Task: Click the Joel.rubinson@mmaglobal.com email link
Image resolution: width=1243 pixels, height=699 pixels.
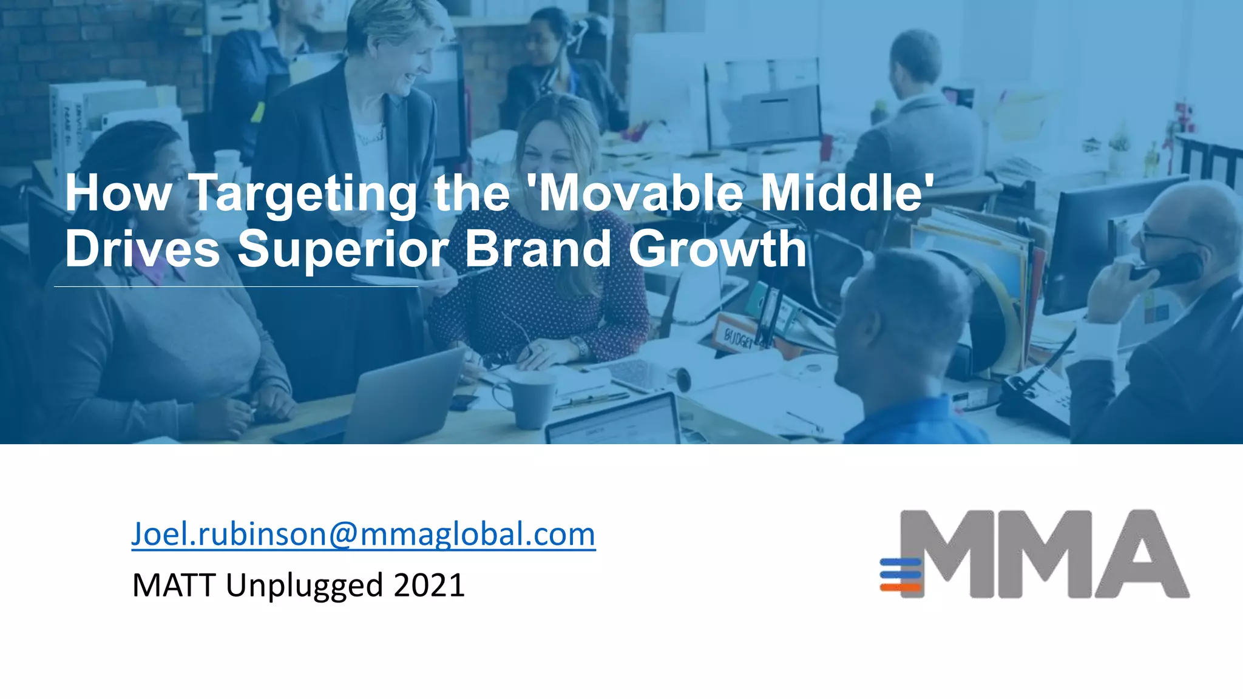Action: click(x=363, y=534)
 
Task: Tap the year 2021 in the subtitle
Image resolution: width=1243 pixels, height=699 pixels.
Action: click(x=428, y=586)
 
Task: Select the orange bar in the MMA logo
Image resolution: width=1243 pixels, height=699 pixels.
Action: click(x=901, y=587)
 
